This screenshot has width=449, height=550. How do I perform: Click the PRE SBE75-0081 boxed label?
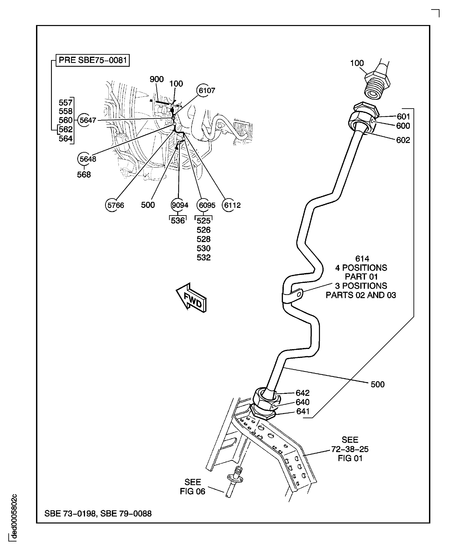click(93, 60)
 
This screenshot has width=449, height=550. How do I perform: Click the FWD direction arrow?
click(192, 298)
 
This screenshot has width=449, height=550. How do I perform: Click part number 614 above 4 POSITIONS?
click(362, 259)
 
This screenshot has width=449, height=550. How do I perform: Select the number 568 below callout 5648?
click(84, 175)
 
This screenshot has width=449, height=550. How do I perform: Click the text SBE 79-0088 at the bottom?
click(126, 513)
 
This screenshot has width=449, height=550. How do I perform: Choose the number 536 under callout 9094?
click(178, 221)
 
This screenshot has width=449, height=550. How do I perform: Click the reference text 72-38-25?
click(350, 449)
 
